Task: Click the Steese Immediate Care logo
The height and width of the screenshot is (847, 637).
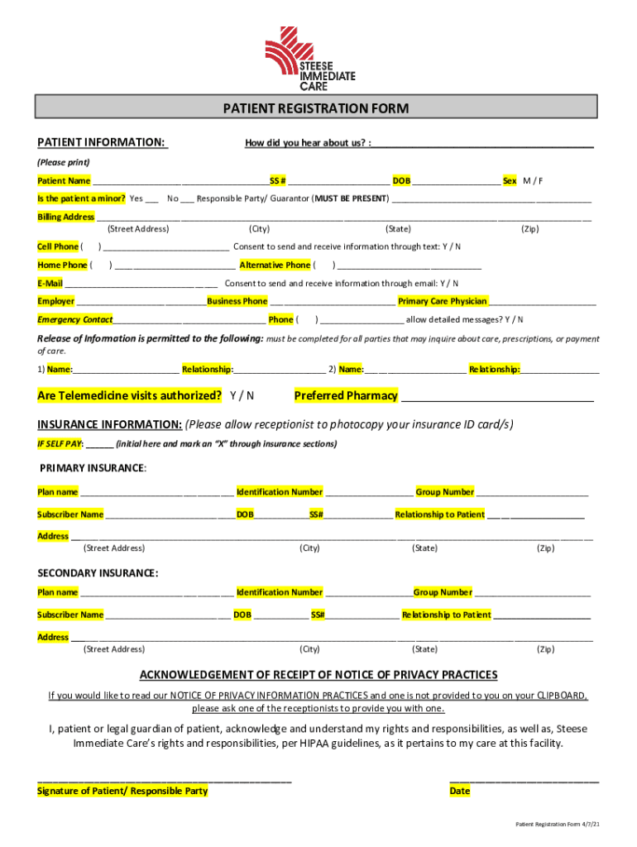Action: [x=310, y=58]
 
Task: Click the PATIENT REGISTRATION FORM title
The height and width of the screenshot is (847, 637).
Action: [x=315, y=108]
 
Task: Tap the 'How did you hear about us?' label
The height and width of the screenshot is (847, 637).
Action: [x=307, y=143]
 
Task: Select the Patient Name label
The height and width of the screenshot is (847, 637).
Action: [x=64, y=181]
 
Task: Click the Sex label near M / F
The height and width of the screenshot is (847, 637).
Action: [x=510, y=181]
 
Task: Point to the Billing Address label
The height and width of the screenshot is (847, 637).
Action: [x=66, y=217]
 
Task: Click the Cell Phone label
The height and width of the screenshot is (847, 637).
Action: [x=57, y=246]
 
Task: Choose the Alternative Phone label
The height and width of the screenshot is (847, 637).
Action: [x=275, y=266]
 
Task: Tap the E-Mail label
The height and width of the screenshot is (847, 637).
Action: [x=50, y=284]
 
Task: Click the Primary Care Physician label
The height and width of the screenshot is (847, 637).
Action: [x=443, y=301]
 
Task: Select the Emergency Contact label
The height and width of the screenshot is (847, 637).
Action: [x=75, y=319]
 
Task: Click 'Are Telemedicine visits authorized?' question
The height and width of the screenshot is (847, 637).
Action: [x=129, y=395]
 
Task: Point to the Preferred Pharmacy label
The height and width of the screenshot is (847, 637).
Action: [x=346, y=395]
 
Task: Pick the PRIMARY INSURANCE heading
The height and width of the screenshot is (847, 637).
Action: [x=93, y=468]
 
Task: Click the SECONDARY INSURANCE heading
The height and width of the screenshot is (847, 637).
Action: [x=98, y=573]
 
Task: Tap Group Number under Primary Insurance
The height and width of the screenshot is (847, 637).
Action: [x=445, y=492]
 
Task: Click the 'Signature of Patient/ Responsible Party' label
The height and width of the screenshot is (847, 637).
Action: [x=122, y=791]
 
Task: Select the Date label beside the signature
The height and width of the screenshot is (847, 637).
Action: [x=459, y=791]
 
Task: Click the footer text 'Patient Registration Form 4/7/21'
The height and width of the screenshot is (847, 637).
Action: [x=557, y=825]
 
